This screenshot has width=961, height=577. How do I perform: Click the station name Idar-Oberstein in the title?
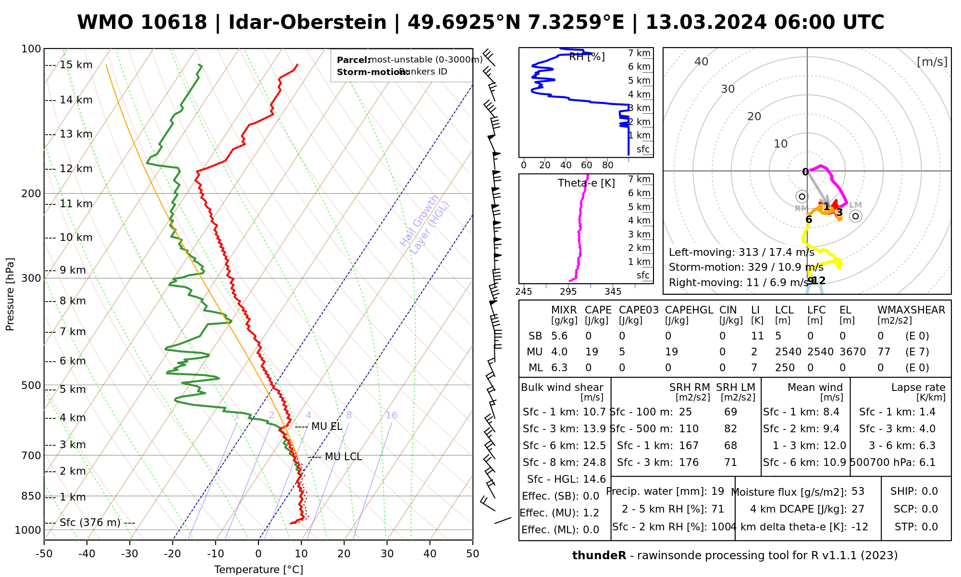point(307,23)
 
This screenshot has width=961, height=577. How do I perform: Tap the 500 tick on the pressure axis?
point(31,385)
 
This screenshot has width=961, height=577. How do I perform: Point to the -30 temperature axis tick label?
point(129,554)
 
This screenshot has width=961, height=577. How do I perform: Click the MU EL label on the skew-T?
point(327,426)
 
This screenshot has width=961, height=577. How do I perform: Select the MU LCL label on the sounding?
point(343,457)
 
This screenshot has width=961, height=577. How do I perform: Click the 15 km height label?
point(76,65)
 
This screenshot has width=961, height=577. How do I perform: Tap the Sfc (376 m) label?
point(90,523)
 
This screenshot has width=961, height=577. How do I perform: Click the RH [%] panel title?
point(587,57)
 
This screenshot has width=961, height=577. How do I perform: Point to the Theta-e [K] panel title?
point(586,183)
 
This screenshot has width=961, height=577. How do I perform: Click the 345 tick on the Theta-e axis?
point(613,292)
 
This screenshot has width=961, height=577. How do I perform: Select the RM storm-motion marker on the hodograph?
point(801,197)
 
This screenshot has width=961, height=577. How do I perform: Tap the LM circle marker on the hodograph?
point(855,216)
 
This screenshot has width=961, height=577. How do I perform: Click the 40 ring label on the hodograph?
point(702,62)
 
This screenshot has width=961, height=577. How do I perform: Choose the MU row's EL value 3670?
point(852,352)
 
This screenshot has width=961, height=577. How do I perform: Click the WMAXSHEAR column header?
point(911,310)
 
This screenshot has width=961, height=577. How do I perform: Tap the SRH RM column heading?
point(690,388)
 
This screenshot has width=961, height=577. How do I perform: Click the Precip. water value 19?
point(717,491)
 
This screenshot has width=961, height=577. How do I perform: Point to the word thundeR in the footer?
point(599,556)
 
